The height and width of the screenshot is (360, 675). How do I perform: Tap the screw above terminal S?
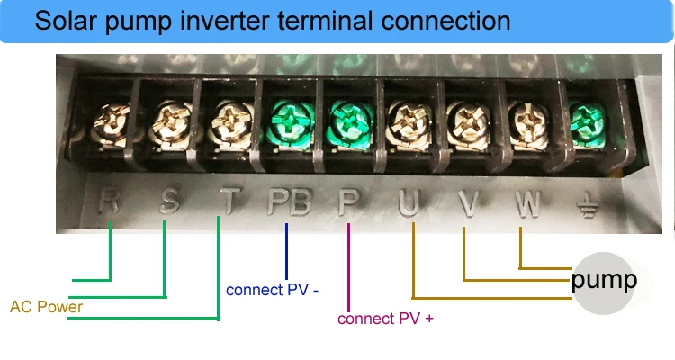[x=169, y=121]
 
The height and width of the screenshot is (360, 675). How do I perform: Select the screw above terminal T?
[x=227, y=121]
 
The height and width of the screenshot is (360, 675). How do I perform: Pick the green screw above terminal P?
[x=345, y=120]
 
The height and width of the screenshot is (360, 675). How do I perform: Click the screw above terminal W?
[x=524, y=120]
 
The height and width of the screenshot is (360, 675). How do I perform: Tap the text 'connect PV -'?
[x=272, y=290]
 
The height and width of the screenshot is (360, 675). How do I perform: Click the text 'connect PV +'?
[x=385, y=318]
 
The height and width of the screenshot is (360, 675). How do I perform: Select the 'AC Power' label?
[x=46, y=307]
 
